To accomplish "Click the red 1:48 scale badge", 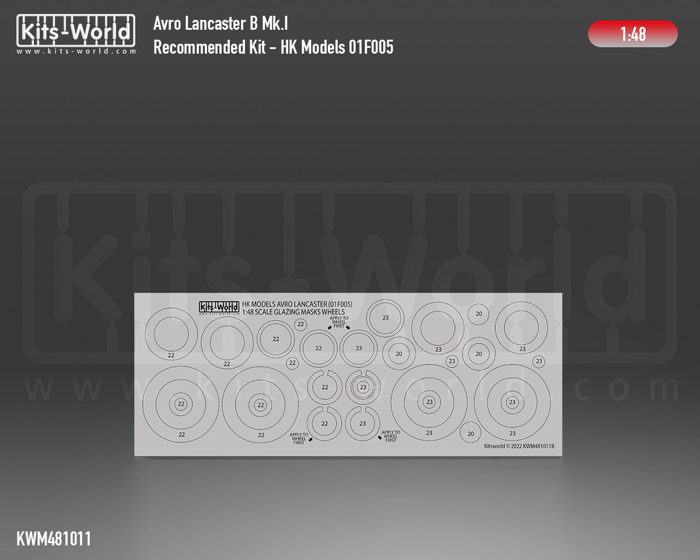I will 633,34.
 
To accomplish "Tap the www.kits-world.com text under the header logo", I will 76,51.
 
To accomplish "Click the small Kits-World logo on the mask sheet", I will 219,307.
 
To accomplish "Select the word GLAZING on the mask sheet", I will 285,312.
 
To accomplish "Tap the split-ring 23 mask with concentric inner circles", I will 363,387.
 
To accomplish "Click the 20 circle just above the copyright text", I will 471,433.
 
